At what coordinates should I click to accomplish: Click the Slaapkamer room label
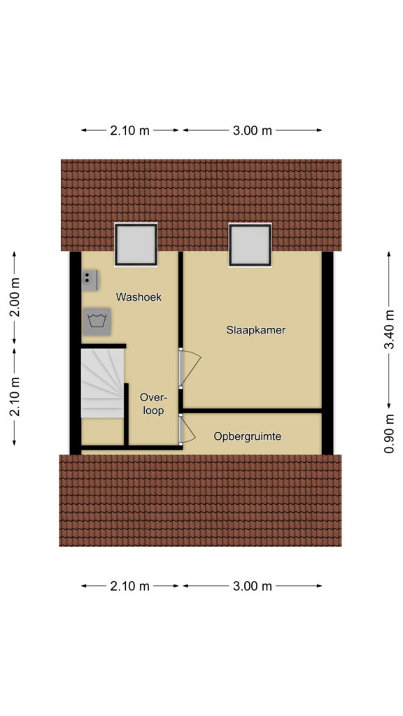255,330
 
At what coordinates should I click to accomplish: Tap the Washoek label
139,296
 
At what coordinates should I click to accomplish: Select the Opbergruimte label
247,437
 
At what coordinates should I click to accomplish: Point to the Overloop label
153,403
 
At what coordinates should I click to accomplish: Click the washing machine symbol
97,322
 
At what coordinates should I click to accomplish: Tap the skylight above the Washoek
136,244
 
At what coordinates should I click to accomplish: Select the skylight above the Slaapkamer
250,244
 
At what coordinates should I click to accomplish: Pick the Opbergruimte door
186,429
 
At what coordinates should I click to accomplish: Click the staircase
103,383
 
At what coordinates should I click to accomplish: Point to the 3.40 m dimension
389,329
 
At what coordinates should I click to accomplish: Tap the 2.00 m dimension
15,297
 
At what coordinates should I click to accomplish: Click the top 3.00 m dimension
252,131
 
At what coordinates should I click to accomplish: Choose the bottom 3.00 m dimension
252,586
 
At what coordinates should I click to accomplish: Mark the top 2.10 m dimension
129,131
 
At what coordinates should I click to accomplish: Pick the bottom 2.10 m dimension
129,586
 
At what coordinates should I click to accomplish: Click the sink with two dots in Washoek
90,280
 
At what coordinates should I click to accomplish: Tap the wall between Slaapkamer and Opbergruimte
252,411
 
